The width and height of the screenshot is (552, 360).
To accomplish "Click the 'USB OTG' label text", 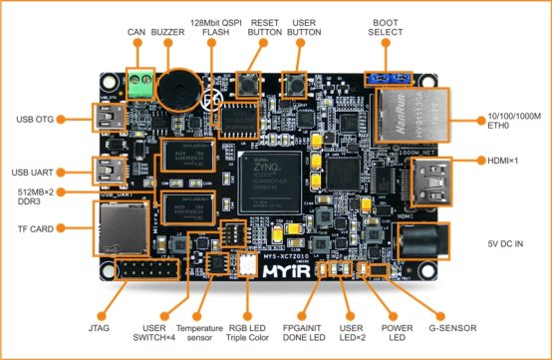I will pos(38,120).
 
